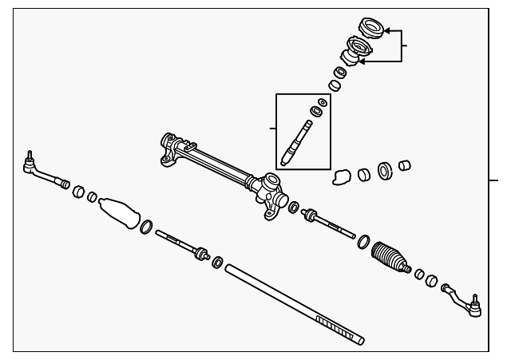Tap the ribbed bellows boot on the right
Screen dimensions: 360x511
[x=390, y=255]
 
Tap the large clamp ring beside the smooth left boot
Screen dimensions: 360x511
[x=147, y=228]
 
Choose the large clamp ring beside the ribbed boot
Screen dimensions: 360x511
[x=363, y=241]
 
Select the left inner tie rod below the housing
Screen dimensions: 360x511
[x=180, y=244]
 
